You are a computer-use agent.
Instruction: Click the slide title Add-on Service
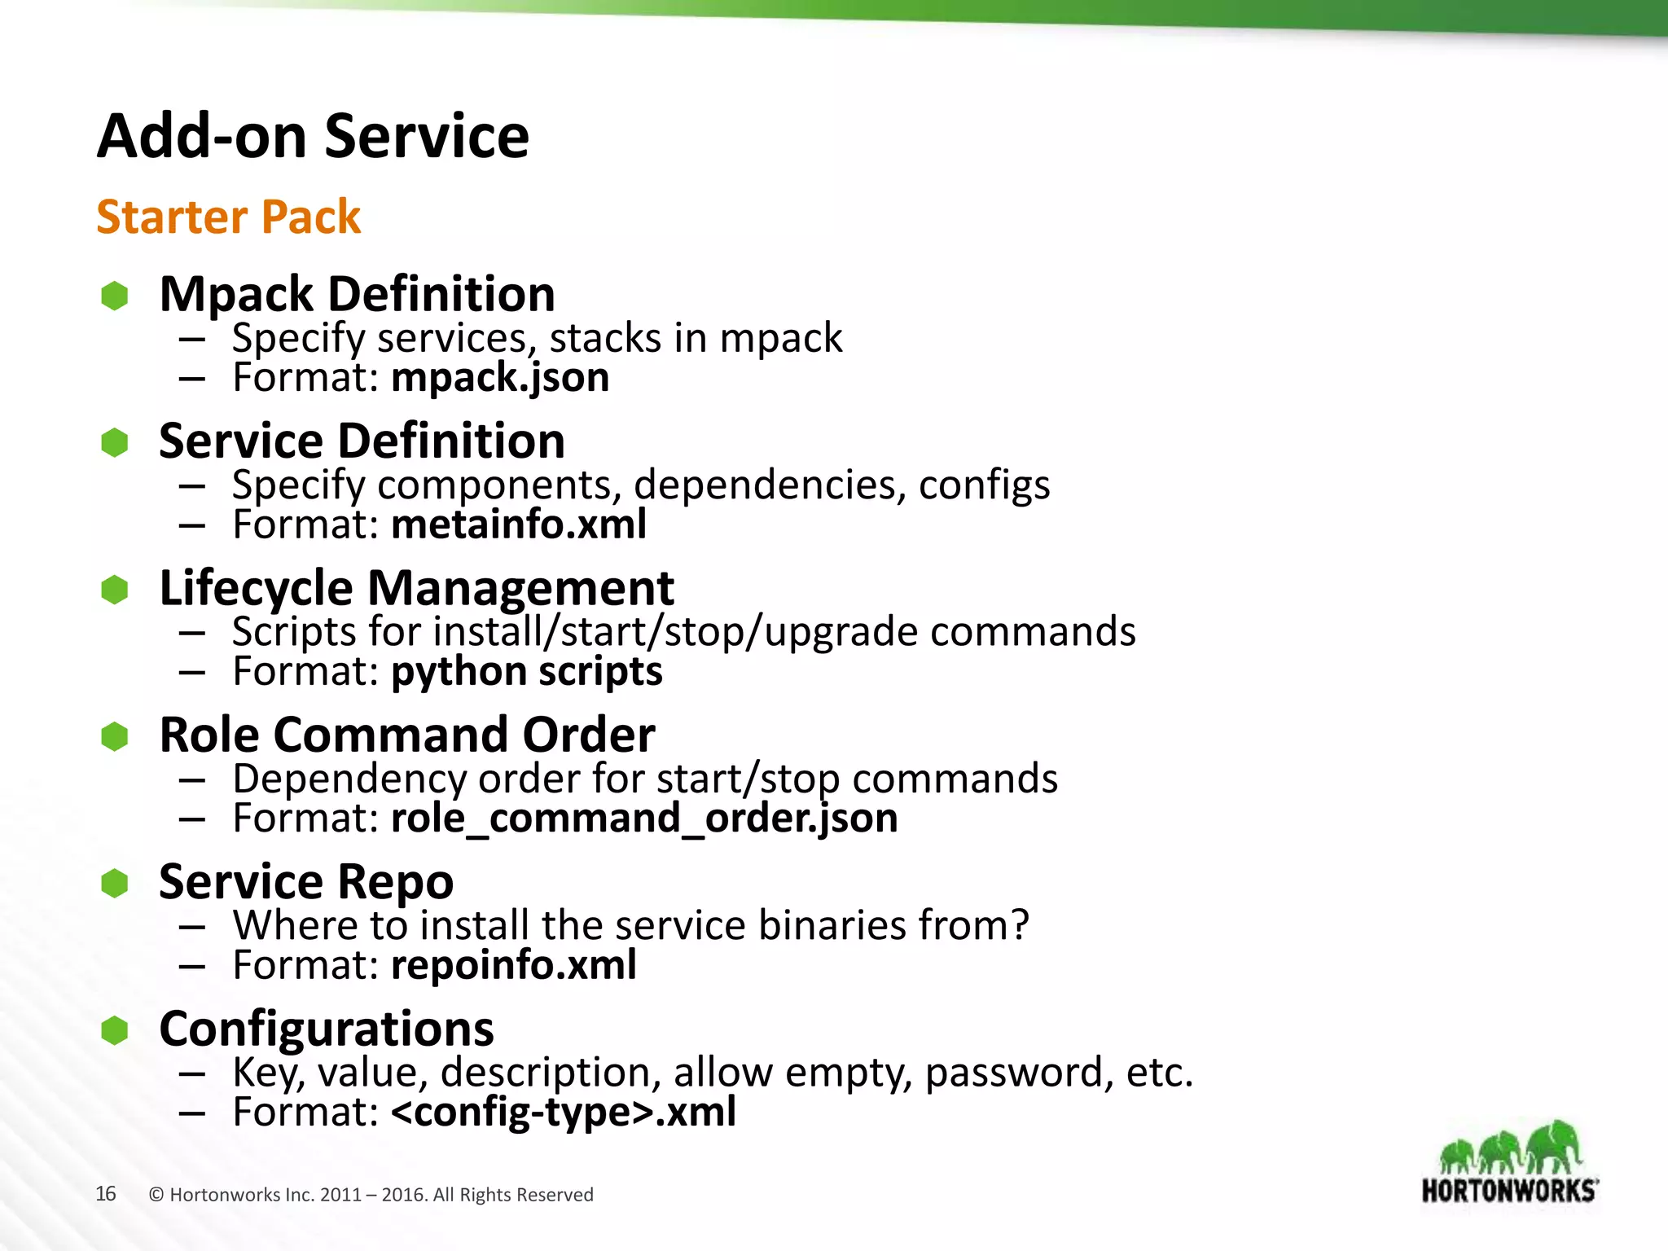click(x=313, y=136)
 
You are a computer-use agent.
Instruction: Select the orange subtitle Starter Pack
click(x=228, y=217)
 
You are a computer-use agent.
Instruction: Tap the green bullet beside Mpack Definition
click(x=115, y=296)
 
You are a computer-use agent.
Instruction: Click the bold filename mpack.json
click(x=499, y=378)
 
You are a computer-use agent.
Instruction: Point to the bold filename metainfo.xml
click(x=519, y=525)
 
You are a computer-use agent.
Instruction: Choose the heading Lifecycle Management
click(x=416, y=588)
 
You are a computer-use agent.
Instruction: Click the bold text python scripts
click(x=526, y=672)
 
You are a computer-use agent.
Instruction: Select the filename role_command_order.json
click(x=644, y=819)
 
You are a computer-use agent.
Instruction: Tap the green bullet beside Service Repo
click(x=115, y=884)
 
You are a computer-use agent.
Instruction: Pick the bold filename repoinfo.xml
click(x=513, y=965)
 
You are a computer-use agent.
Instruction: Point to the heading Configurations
click(x=327, y=1029)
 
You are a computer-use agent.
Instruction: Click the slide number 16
click(x=106, y=1194)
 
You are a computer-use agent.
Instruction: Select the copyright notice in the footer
click(x=371, y=1195)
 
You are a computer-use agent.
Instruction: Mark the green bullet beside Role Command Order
click(x=115, y=736)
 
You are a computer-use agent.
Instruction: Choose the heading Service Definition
click(x=362, y=441)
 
